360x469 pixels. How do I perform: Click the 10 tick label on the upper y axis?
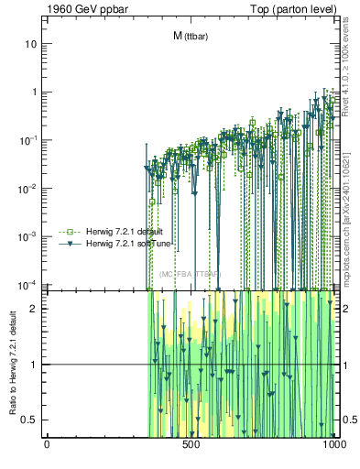32,44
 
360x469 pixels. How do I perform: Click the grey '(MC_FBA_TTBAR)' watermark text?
190,274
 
